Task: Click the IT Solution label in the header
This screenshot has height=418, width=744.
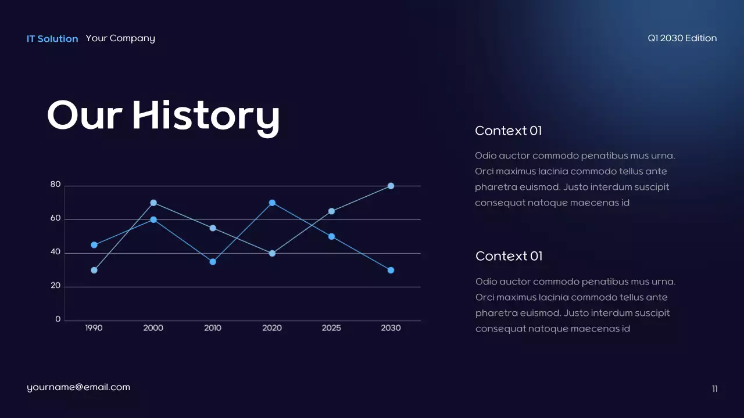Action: [52, 39]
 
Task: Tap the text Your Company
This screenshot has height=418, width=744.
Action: [120, 38]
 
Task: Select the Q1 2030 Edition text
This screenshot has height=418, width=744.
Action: [682, 38]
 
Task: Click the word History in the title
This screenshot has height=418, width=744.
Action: [206, 116]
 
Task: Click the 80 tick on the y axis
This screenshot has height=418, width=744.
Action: [55, 185]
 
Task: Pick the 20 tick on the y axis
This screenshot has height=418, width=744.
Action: [55, 286]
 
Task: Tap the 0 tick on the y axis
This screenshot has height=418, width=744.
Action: [58, 319]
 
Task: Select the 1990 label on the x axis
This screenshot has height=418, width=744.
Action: [94, 328]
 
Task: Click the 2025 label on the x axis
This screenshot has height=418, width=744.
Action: [331, 328]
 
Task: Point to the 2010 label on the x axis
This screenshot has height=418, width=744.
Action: [213, 328]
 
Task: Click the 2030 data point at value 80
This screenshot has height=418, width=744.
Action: [391, 186]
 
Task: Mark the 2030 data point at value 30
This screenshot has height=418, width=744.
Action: [391, 270]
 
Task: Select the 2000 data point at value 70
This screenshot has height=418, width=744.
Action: [153, 203]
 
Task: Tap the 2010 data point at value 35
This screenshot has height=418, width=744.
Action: [213, 262]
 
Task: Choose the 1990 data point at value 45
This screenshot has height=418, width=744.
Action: [94, 245]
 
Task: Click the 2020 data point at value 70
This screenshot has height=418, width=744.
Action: [272, 203]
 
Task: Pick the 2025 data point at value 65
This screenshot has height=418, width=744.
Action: [331, 211]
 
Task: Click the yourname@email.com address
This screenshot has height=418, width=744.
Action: [78, 387]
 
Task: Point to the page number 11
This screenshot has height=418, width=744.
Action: [715, 389]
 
